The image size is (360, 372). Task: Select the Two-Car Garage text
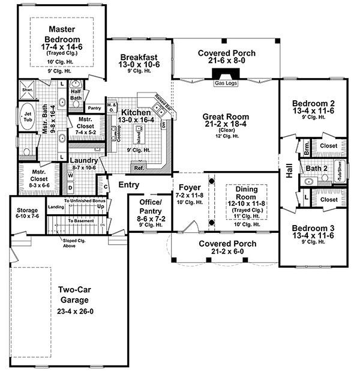[x=74, y=295]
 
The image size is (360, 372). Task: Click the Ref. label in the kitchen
[x=139, y=168]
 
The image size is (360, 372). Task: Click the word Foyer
[x=188, y=187]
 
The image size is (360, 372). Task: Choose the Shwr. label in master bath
[x=28, y=90]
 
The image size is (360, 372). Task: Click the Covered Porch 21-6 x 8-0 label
[x=226, y=53]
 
